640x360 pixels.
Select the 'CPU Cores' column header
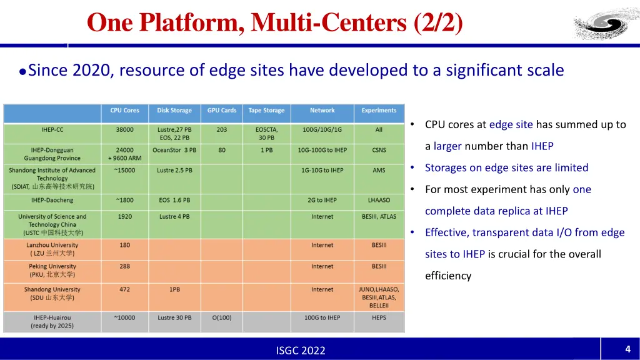[124, 111]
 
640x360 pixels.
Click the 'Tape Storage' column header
[266, 111]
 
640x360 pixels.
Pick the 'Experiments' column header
[379, 111]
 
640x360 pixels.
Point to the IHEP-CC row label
[52, 130]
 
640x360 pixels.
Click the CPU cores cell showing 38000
[124, 130]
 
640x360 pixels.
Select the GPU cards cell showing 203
[222, 130]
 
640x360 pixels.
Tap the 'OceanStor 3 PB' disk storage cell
[174, 150]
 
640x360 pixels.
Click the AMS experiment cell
[379, 170]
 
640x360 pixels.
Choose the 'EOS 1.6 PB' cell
[174, 200]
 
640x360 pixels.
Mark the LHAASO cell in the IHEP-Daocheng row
[379, 200]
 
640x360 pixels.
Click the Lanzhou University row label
[52, 249]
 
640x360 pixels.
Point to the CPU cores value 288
[124, 266]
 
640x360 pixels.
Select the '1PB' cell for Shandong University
[174, 290]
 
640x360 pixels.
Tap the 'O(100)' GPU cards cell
[222, 317]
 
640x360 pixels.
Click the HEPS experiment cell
[379, 317]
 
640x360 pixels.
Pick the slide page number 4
[627, 349]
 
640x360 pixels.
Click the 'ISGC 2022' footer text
[301, 351]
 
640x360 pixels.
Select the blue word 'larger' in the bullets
[447, 146]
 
